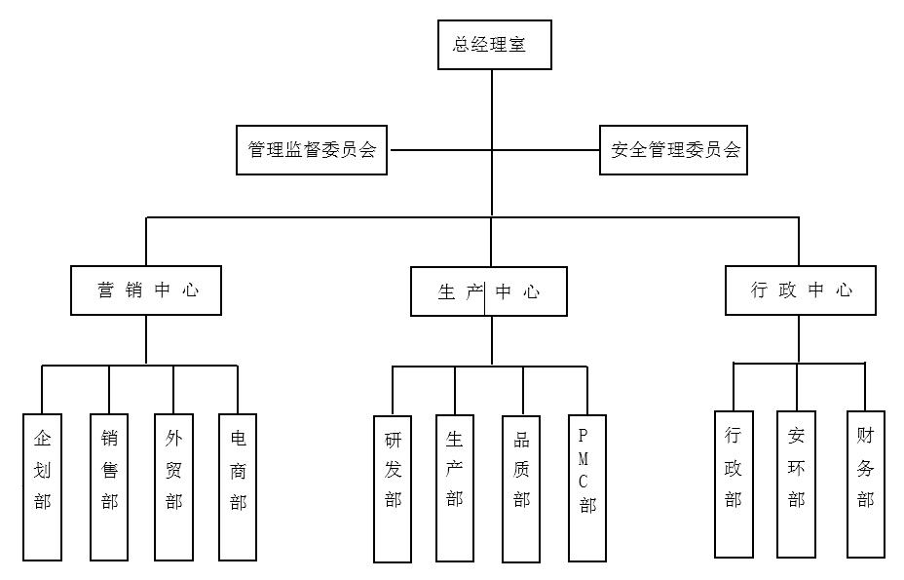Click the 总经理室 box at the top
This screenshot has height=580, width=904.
(x=495, y=45)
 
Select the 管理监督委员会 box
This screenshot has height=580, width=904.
(x=312, y=150)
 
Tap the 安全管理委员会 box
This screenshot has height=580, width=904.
(x=673, y=150)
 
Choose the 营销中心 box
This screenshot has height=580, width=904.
(x=146, y=290)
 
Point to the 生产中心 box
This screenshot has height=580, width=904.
(x=489, y=291)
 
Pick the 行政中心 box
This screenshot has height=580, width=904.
(x=800, y=290)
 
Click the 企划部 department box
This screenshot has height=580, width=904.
(x=42, y=487)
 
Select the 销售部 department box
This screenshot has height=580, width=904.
(x=109, y=487)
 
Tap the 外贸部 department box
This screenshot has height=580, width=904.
(x=173, y=487)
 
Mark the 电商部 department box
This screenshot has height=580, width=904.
(x=238, y=487)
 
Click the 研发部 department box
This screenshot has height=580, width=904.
(x=393, y=488)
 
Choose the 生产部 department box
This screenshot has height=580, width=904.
(x=455, y=488)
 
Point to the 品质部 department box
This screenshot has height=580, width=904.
(x=521, y=488)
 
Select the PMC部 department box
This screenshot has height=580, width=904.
(x=586, y=488)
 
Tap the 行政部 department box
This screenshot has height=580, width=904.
(x=734, y=484)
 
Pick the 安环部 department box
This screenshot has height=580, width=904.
(x=796, y=484)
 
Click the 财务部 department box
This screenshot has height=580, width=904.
(x=866, y=484)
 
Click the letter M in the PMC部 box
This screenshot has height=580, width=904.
(x=584, y=459)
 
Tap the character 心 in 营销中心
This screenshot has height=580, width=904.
(x=191, y=290)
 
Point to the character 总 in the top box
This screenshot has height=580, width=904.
(x=462, y=45)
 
